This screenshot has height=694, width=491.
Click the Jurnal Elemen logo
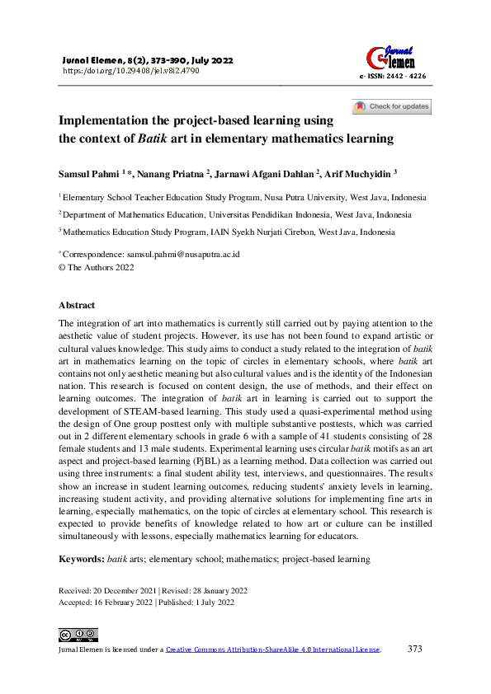pyautogui.click(x=390, y=55)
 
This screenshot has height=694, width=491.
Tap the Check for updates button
pyautogui.click(x=392, y=106)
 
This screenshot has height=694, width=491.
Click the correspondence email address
pyautogui.click(x=182, y=255)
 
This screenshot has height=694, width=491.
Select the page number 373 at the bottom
pyautogui.click(x=415, y=649)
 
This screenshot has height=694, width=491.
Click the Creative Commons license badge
pyautogui.click(x=78, y=635)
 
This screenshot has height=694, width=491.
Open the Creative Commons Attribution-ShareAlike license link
pyautogui.click(x=273, y=649)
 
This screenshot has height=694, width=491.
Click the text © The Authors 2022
pyautogui.click(x=96, y=267)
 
